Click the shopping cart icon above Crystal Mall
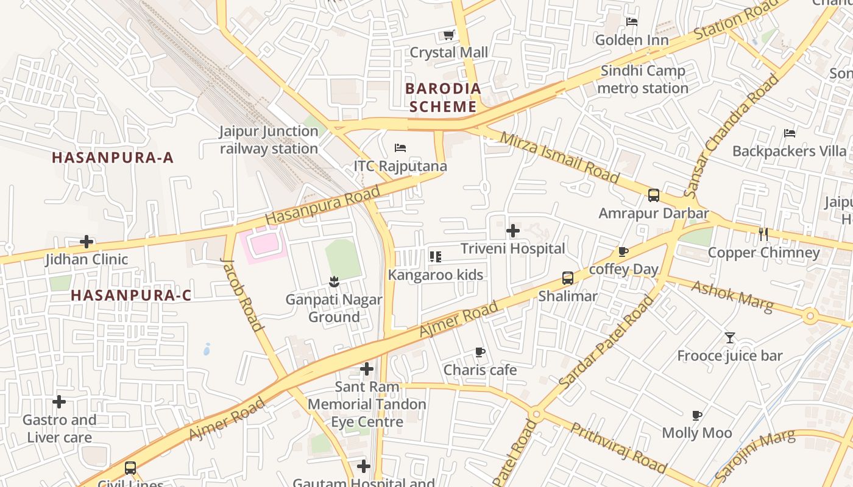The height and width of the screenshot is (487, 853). coord(449,35)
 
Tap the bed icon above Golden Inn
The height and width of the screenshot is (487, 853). coord(632,22)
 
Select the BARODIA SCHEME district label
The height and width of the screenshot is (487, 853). coord(443,97)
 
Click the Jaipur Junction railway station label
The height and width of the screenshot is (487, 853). coord(269,140)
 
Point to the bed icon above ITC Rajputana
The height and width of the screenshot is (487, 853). coord(400,148)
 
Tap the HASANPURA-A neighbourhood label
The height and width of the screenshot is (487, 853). coord(113,158)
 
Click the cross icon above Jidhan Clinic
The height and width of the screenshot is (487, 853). coord(87,242)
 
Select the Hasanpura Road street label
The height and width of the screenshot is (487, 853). coord(323,205)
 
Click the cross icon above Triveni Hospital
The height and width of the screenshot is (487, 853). coord(513,231)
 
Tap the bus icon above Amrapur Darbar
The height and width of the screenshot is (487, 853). coord(654,195)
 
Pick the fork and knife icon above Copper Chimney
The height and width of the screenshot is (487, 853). coord(763,234)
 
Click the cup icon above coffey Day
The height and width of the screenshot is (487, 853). coord(623,251)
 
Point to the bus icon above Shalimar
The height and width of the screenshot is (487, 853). coord(568,278)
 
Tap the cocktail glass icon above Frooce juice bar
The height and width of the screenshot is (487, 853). coord(729,337)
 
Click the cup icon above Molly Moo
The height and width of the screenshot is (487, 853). coord(697,415)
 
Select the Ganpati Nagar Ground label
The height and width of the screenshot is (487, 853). coord(334,308)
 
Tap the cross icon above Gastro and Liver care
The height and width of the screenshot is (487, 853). coord(59,402)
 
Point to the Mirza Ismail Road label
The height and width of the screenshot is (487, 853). coord(559,157)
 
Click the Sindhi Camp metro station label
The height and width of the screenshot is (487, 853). coord(643,79)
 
